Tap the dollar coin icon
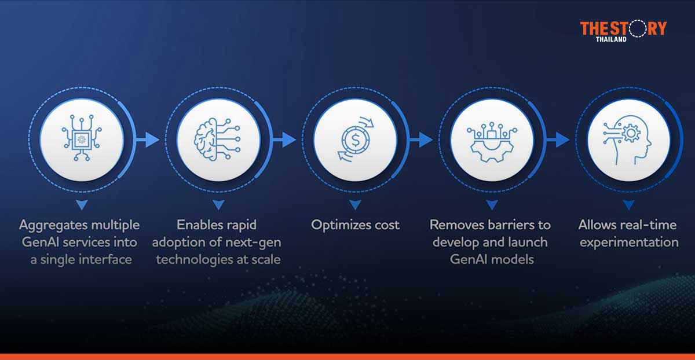pos(355,139)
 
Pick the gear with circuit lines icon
pos(492,139)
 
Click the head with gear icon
pos(628,139)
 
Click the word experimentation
pos(628,242)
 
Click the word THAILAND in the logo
pos(610,39)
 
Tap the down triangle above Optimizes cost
pos(355,204)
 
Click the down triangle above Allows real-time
pos(628,204)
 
